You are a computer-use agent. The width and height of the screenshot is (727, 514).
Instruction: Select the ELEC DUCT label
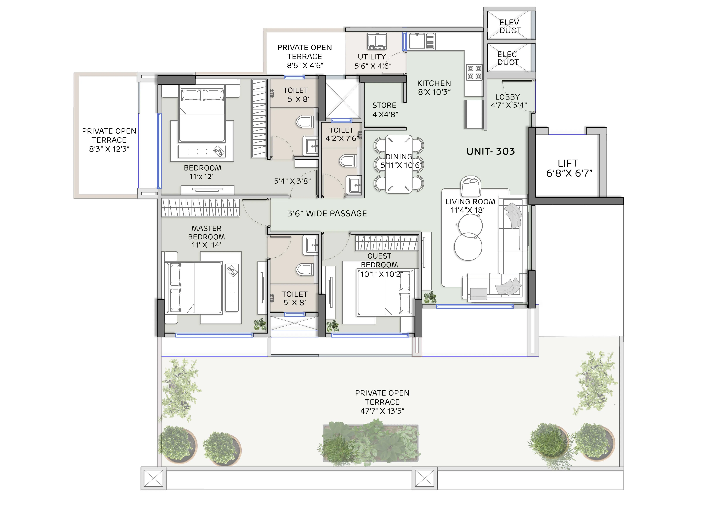tap(508, 59)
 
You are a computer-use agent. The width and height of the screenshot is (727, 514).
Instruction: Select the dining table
tap(399, 164)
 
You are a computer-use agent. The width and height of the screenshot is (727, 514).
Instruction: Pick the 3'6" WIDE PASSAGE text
tap(327, 214)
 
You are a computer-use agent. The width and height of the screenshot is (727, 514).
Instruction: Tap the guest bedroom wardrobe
tap(387, 243)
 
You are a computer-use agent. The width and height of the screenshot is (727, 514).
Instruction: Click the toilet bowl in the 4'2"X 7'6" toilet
tap(348, 161)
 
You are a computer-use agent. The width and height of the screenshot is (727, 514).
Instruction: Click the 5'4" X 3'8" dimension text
tap(292, 181)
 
